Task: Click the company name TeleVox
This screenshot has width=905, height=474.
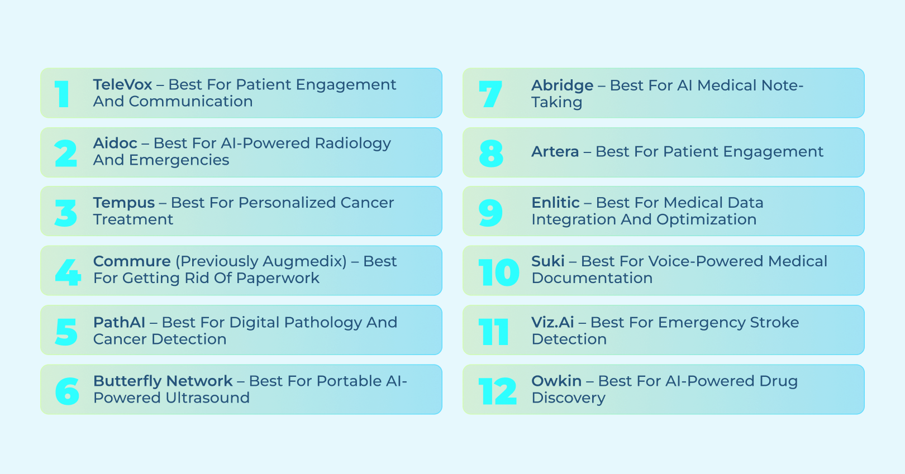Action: [122, 85]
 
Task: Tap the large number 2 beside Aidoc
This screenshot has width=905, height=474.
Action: [66, 154]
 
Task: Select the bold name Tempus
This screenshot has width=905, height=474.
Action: [123, 203]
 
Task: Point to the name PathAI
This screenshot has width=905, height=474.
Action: [119, 323]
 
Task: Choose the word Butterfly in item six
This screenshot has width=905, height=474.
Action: [127, 381]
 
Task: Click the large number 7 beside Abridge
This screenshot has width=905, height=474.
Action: [490, 94]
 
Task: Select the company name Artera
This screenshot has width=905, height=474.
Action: [555, 152]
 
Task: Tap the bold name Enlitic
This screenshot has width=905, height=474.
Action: [555, 203]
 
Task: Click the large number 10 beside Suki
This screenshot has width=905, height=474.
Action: [498, 272]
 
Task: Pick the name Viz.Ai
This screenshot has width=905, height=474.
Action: [552, 323]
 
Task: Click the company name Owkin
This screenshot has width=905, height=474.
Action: [556, 381]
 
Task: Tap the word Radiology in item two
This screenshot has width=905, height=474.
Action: [353, 143]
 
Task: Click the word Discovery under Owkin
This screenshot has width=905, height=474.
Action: [568, 398]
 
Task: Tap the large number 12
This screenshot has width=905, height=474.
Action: [497, 391]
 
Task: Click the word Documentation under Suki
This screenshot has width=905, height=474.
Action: [592, 278]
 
